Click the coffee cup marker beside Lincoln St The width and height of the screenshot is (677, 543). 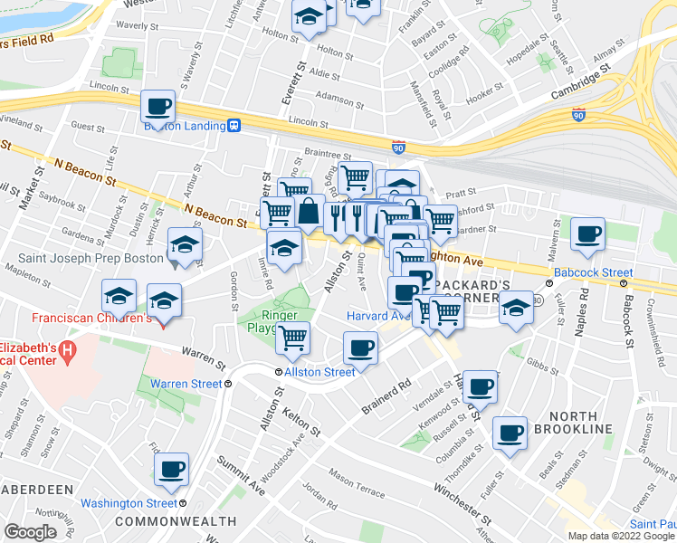(x=158, y=107)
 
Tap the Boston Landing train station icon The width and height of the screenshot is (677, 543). (x=234, y=127)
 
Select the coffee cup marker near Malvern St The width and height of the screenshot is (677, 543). (x=587, y=234)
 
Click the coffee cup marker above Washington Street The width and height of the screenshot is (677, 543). (x=171, y=470)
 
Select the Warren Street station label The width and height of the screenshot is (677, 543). (x=186, y=384)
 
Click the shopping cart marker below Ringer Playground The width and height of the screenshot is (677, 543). (x=292, y=338)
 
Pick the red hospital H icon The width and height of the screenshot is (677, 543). (x=65, y=350)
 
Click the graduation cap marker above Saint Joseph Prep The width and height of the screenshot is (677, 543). (x=185, y=244)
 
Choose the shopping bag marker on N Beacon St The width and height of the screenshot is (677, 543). (x=309, y=212)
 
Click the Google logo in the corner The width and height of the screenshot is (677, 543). (x=30, y=532)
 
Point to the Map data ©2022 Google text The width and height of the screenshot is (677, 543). (x=620, y=536)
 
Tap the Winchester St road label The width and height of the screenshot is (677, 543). (x=462, y=498)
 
